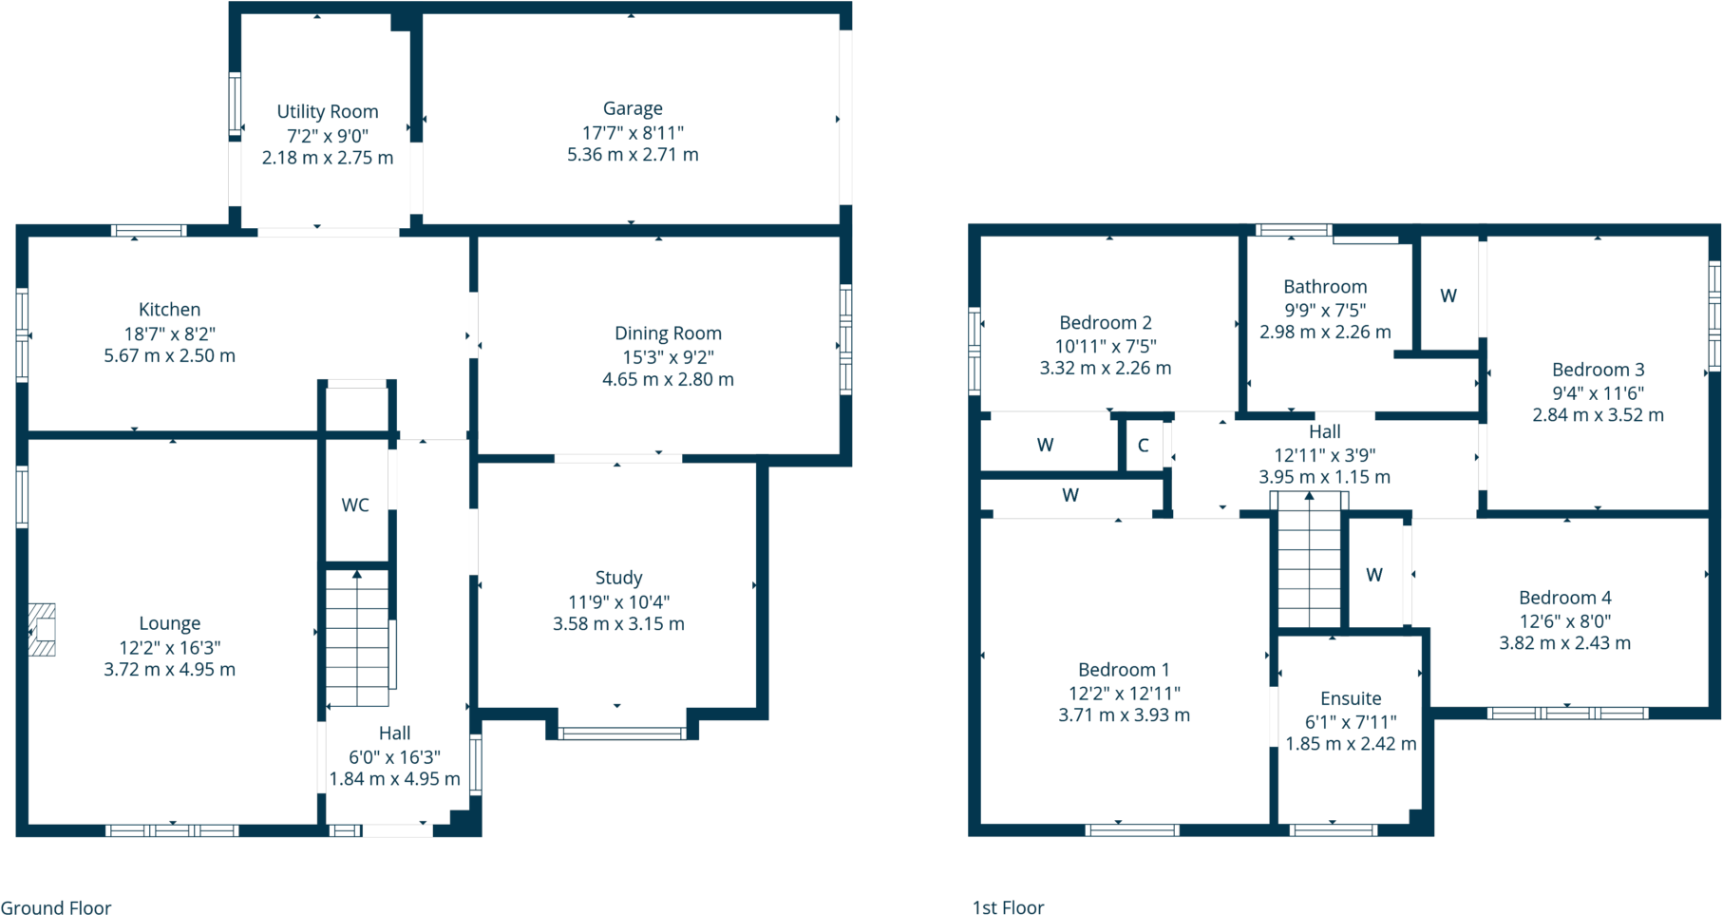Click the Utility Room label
(x=328, y=112)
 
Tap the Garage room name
(x=633, y=109)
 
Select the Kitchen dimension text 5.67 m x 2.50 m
(x=170, y=356)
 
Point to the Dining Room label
(x=668, y=334)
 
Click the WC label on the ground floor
(x=355, y=505)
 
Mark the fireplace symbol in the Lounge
(x=42, y=630)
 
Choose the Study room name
(x=618, y=578)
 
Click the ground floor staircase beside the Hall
(x=357, y=638)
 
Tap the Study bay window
(x=622, y=734)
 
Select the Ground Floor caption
(x=56, y=907)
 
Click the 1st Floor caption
(x=1008, y=907)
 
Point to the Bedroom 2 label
(x=1106, y=323)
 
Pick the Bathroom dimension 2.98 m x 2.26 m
(x=1325, y=333)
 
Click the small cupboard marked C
(x=1144, y=445)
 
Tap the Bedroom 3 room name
(x=1598, y=370)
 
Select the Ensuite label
(x=1351, y=698)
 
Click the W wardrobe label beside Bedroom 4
(x=1374, y=575)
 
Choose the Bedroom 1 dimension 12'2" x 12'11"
(x=1124, y=694)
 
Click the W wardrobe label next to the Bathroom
(x=1448, y=296)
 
